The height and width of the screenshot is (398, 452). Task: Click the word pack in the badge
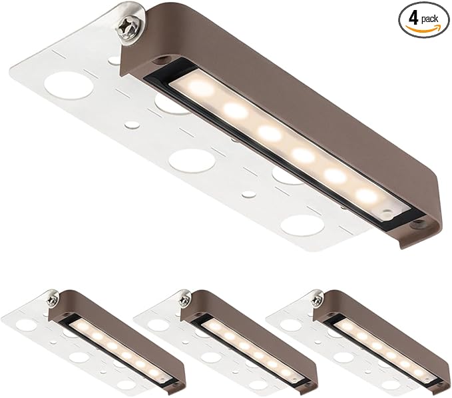click(x=429, y=19)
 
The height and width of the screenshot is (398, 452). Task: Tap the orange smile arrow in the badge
click(x=423, y=28)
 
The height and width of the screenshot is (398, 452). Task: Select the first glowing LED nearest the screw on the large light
click(x=201, y=87)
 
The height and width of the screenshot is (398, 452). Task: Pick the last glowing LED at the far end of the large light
click(x=367, y=195)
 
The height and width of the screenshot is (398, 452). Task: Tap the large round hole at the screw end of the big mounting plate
click(x=69, y=86)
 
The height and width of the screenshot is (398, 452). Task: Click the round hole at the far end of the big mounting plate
click(x=303, y=226)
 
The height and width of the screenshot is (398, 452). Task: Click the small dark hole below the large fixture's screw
click(x=158, y=61)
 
